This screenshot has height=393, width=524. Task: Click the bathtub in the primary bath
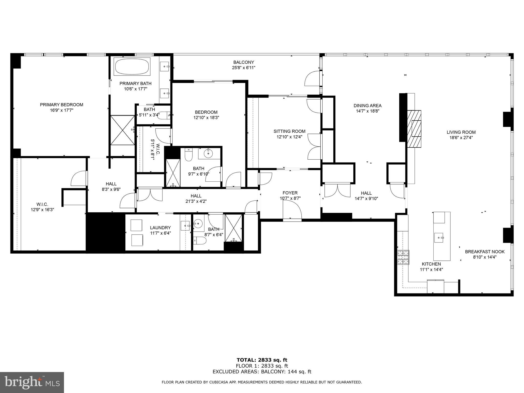[x=132, y=66]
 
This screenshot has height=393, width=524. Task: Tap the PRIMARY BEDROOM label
[x=61, y=105]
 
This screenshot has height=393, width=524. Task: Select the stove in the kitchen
[x=403, y=257]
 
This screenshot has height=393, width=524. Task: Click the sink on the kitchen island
[x=439, y=237]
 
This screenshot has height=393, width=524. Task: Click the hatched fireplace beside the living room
[x=414, y=129]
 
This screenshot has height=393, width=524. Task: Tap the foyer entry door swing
[x=292, y=210]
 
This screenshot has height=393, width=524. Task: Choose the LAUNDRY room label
[x=160, y=228]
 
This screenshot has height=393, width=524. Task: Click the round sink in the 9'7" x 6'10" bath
[x=208, y=154]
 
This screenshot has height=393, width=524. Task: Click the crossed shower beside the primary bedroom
[x=123, y=130]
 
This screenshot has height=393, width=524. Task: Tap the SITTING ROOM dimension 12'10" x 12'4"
[x=289, y=137]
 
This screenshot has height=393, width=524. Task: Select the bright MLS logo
[x=32, y=383]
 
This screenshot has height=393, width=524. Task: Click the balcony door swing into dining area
[x=312, y=79]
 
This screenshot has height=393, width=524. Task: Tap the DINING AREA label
[x=367, y=105]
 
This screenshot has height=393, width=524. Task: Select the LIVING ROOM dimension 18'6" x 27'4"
[x=461, y=138]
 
